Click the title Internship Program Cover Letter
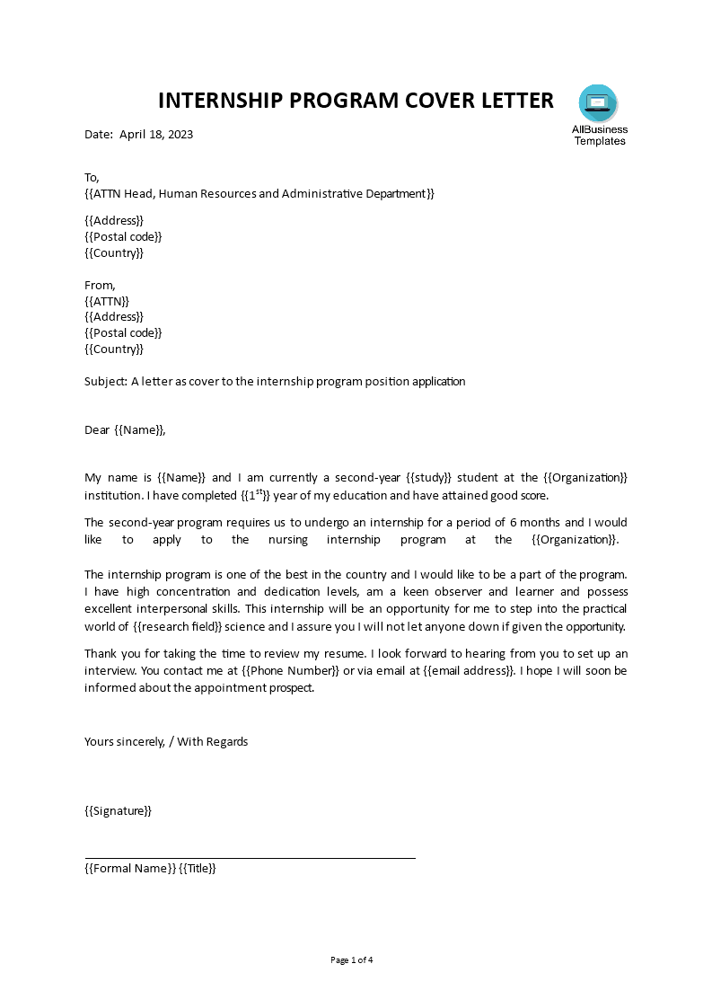tap(356, 101)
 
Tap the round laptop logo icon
tap(598, 103)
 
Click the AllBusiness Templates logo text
tap(600, 135)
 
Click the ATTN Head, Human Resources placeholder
tap(259, 194)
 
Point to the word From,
tap(100, 285)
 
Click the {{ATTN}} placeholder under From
tap(107, 301)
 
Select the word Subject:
tap(106, 381)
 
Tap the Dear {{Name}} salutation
tap(125, 429)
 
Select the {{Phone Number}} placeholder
tap(291, 670)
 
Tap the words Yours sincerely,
tap(126, 741)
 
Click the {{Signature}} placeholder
tap(119, 810)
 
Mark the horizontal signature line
tap(250, 858)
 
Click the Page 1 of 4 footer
tap(352, 959)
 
